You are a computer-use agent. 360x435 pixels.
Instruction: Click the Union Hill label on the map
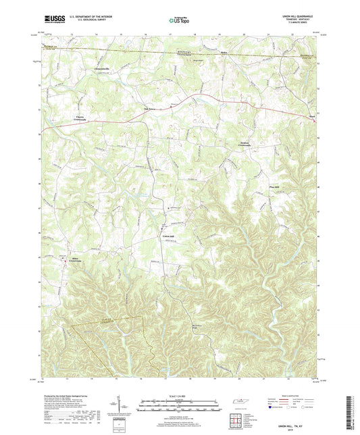point(170,236)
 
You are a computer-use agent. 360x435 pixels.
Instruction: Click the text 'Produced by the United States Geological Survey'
point(68,392)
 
